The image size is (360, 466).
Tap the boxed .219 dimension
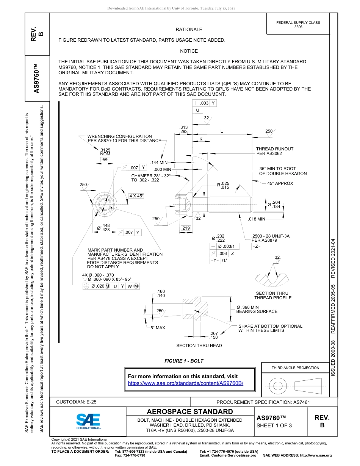tap(186, 228)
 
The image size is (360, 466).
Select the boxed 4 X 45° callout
tap(136, 196)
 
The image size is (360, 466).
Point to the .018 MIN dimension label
tap(257, 219)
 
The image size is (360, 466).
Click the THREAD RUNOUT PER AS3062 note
tap(274, 151)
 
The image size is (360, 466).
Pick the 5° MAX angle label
tap(158, 327)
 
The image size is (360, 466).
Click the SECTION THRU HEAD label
tap(199, 346)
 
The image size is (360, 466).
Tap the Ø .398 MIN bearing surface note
tap(257, 309)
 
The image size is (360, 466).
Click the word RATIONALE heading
tap(189, 30)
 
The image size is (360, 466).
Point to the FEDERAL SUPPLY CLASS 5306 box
tap(298, 25)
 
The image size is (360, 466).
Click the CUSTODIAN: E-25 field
tap(79, 402)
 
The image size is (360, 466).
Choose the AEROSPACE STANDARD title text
tap(190, 412)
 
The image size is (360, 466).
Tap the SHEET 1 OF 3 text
tap(274, 425)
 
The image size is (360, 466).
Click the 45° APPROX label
tap(280, 183)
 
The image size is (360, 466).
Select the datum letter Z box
tap(257, 246)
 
